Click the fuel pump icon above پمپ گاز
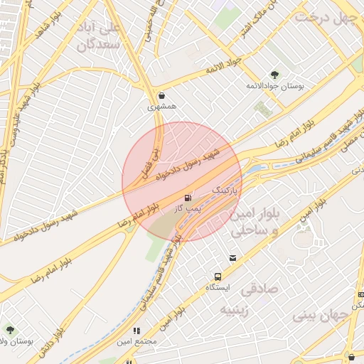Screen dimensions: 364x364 188,197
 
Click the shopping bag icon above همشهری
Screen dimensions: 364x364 162,95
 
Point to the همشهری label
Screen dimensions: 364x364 161,107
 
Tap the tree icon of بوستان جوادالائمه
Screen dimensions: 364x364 274,75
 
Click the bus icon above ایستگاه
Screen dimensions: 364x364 217,277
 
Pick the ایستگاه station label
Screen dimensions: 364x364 217,288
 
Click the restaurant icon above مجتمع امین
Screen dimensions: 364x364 136,331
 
